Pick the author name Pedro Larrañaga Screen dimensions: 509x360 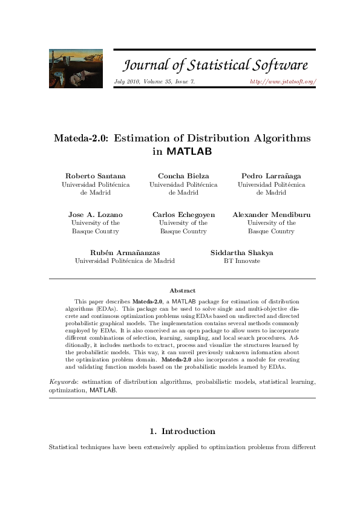click(x=271, y=175)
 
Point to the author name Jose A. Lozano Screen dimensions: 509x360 click(x=96, y=215)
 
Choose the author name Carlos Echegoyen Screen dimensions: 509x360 click(x=183, y=215)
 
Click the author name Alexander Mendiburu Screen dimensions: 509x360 click(x=271, y=215)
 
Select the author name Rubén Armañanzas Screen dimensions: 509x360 click(x=125, y=253)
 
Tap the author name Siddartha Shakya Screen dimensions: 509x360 click(x=242, y=253)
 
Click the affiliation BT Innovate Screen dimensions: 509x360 click(x=242, y=261)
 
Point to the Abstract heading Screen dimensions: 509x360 click(x=182, y=291)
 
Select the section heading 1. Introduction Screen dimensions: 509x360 click(x=182, y=431)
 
